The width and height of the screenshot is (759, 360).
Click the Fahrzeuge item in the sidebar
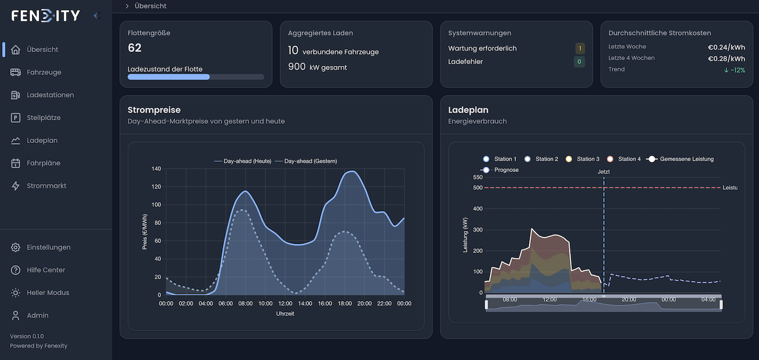[x=44, y=72]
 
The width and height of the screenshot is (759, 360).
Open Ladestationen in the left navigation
[x=50, y=95]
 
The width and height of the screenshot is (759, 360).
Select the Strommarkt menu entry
[x=47, y=186]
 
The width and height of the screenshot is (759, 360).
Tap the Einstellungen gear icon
[x=16, y=247]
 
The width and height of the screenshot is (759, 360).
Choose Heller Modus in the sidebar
[x=48, y=293]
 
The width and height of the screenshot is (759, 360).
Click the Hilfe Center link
[x=46, y=270]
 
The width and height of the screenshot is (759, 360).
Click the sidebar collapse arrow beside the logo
[x=96, y=16]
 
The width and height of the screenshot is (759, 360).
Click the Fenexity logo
[x=46, y=16]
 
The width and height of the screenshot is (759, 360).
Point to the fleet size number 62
[x=134, y=48]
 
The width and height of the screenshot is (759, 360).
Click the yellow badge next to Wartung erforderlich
[x=580, y=49]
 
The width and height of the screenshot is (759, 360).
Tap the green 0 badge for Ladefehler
[x=579, y=62]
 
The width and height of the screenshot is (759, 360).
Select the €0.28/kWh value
[x=726, y=58]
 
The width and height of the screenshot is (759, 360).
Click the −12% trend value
[x=734, y=70]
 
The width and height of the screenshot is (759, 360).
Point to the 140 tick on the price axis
[x=156, y=169]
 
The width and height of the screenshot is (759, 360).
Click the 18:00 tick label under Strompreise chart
[x=344, y=304]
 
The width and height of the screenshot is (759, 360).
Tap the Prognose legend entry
[x=500, y=170]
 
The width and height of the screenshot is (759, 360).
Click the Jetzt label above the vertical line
[x=604, y=172]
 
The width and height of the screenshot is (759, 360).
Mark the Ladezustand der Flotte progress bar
[x=196, y=77]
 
